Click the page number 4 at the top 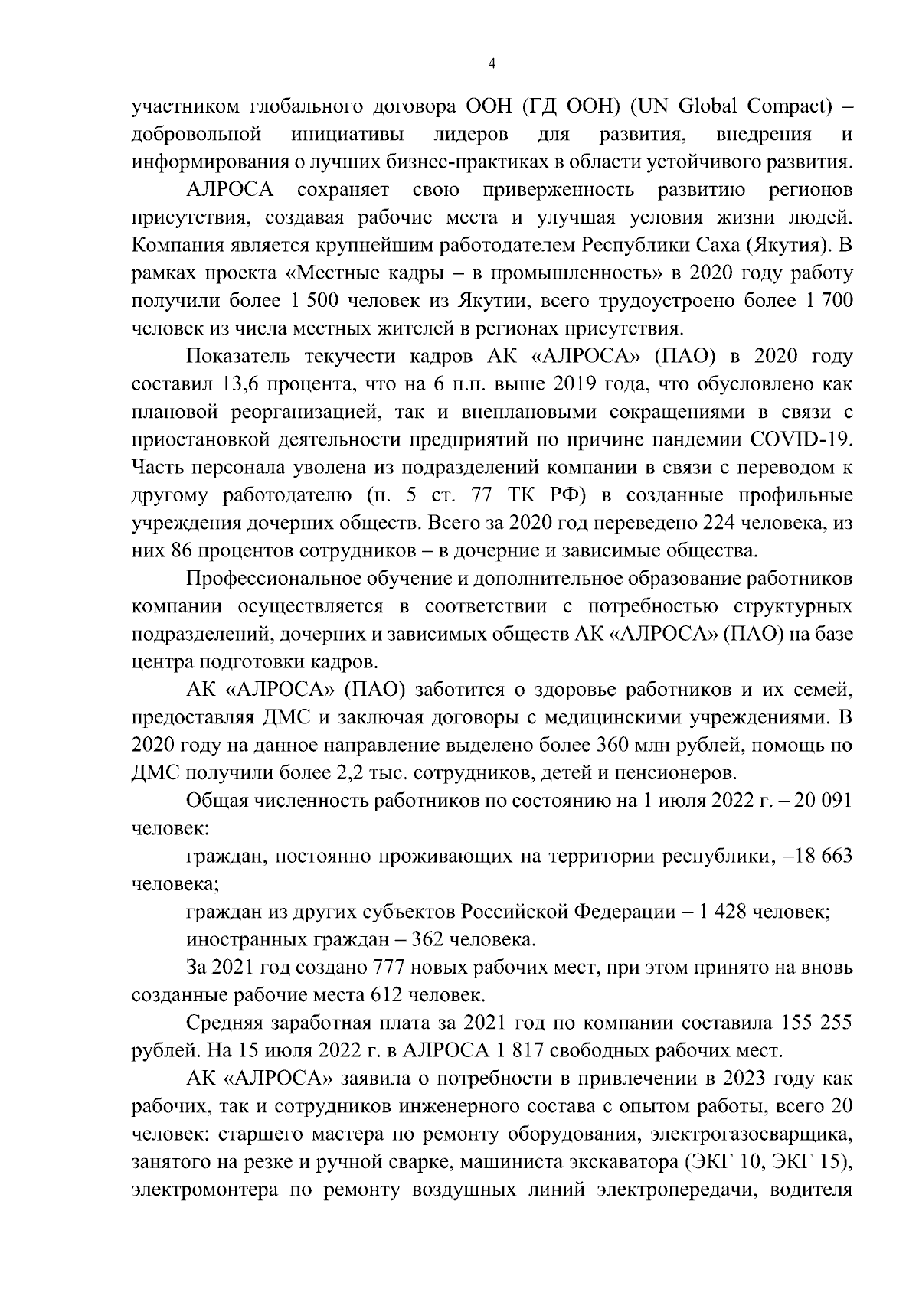click(x=492, y=65)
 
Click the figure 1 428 click(x=718, y=912)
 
